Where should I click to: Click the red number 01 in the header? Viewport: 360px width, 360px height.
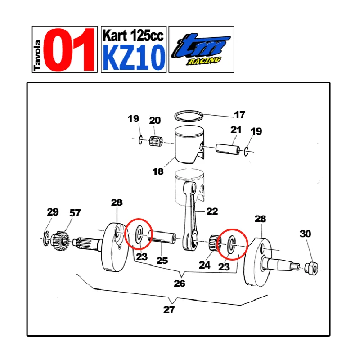[x=69, y=49]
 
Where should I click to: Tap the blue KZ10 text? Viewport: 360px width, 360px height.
[x=134, y=58]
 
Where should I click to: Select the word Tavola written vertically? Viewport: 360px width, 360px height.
[x=37, y=55]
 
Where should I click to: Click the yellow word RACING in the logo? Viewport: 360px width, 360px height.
[x=204, y=61]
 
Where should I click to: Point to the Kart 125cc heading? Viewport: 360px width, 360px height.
[x=133, y=36]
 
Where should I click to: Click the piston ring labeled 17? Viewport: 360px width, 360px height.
[x=189, y=116]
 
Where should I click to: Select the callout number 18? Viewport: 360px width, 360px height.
[x=158, y=171]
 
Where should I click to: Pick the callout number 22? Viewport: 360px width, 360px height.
[x=212, y=211]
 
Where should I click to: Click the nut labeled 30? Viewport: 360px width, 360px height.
[x=311, y=267]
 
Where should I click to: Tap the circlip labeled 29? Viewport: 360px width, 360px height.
[x=46, y=239]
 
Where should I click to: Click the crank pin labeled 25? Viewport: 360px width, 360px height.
[x=162, y=237]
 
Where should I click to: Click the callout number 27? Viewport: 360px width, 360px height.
[x=169, y=310]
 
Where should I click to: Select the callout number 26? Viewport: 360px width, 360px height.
[x=179, y=283]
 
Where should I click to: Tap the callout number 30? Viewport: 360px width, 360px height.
[x=306, y=234]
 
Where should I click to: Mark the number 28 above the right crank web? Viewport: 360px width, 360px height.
[x=261, y=219]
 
